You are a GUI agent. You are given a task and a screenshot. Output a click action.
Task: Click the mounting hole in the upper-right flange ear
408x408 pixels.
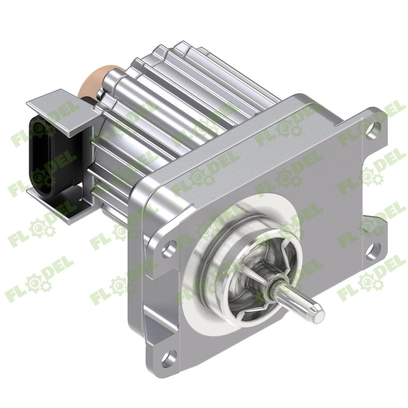pyautogui.click(x=371, y=128)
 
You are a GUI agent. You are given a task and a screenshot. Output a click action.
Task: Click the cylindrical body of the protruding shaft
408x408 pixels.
pyautogui.click(x=297, y=300)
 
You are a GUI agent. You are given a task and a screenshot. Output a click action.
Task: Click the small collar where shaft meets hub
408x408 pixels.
pyautogui.click(x=274, y=291)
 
